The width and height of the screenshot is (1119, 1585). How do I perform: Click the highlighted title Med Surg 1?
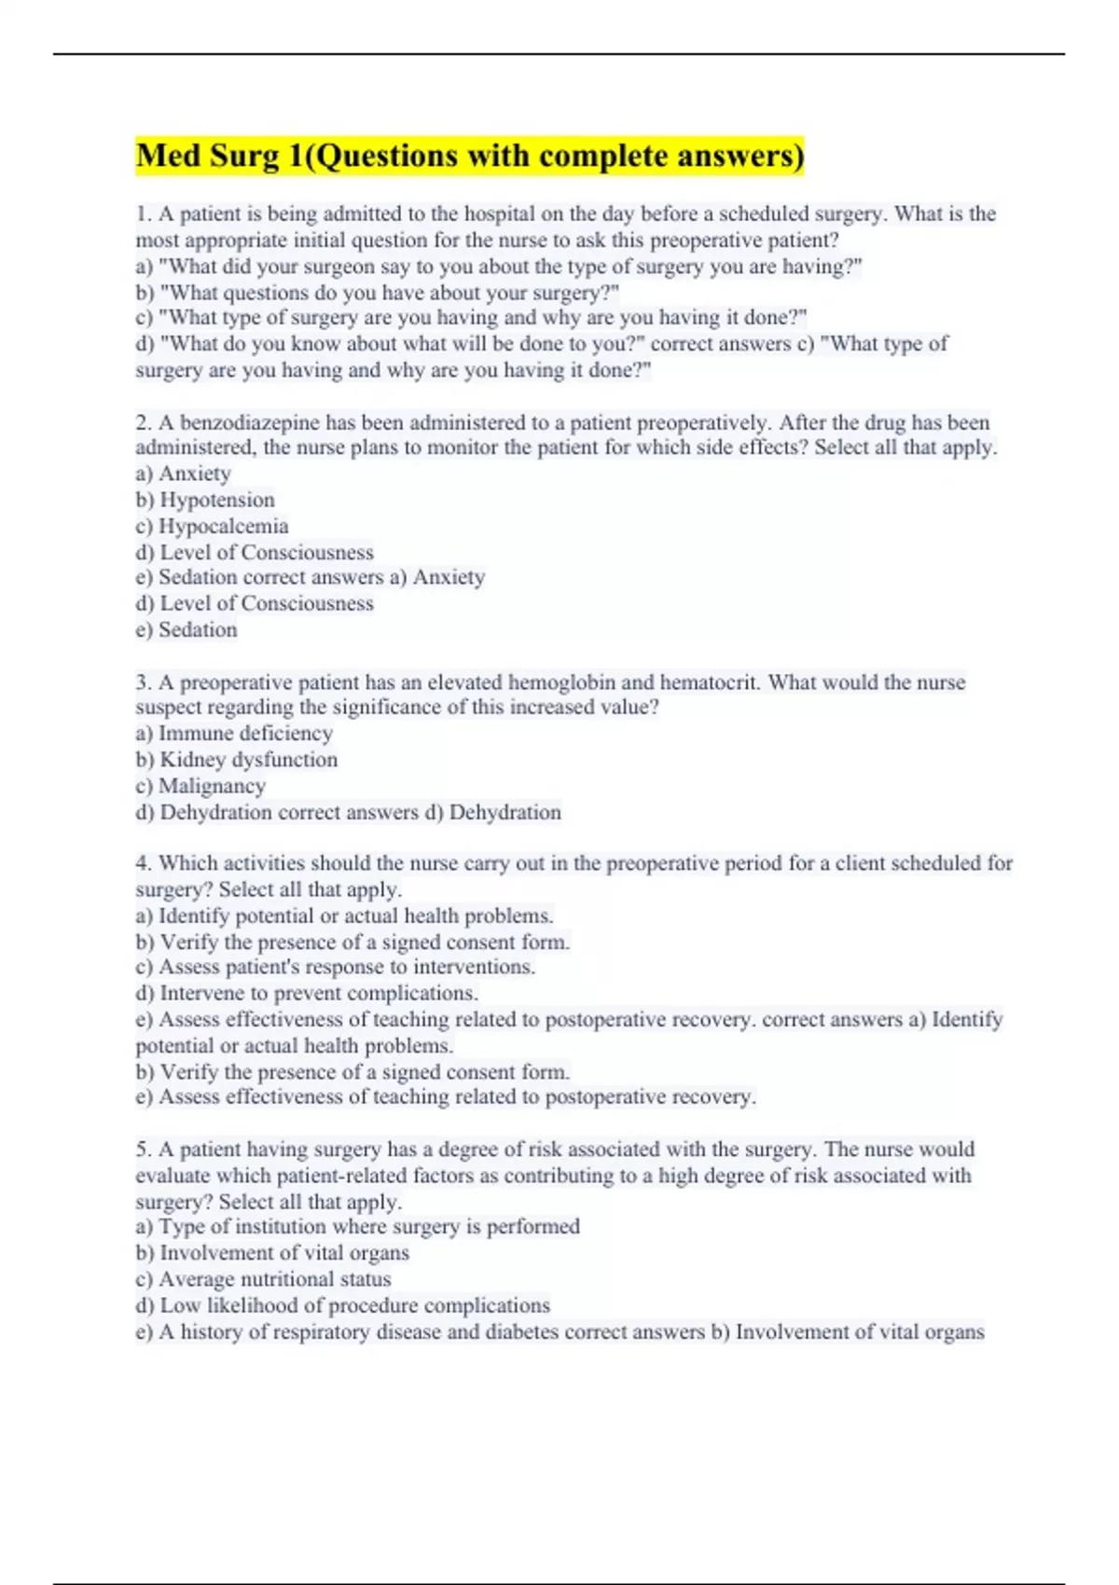(x=469, y=156)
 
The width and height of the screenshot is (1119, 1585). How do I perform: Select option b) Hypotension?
(x=205, y=500)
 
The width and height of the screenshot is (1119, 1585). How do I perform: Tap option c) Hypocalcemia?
(x=212, y=526)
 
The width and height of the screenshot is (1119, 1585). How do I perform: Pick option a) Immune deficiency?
(x=234, y=734)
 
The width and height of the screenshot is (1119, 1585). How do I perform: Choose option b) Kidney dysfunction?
(x=237, y=760)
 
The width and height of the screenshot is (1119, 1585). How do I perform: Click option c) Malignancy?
(x=200, y=786)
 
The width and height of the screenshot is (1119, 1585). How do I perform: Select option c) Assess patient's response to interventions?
(x=336, y=967)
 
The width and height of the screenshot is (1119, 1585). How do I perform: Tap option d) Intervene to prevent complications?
(x=307, y=993)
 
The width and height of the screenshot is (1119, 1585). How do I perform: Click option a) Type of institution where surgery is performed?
(x=358, y=1227)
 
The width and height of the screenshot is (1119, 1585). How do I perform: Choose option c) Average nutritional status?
(x=264, y=1279)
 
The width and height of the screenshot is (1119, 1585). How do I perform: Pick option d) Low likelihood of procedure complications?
(x=343, y=1305)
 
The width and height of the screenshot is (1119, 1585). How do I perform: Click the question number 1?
(x=143, y=214)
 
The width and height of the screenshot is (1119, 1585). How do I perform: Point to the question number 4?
(x=143, y=863)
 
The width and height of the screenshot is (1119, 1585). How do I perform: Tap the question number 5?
(x=143, y=1150)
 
